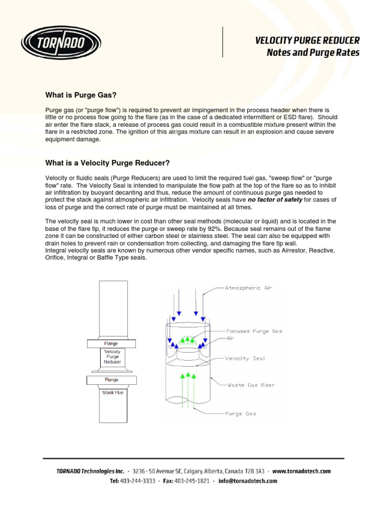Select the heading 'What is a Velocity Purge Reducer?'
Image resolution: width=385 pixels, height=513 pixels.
108,163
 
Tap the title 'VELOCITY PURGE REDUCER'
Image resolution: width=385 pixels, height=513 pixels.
307,41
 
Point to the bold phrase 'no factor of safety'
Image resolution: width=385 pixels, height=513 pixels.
275,200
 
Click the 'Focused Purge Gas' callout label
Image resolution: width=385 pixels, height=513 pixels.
254,331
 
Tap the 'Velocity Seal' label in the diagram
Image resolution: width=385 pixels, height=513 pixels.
245,359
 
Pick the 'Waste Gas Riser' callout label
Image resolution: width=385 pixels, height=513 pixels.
251,385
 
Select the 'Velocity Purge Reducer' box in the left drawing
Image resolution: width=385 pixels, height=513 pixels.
112,357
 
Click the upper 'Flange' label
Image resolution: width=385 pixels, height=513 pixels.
111,344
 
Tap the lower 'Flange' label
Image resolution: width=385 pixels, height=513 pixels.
111,380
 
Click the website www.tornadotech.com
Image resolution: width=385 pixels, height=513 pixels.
302,471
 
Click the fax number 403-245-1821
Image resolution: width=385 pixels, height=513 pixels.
192,481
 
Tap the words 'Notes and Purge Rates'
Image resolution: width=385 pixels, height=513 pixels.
313,53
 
